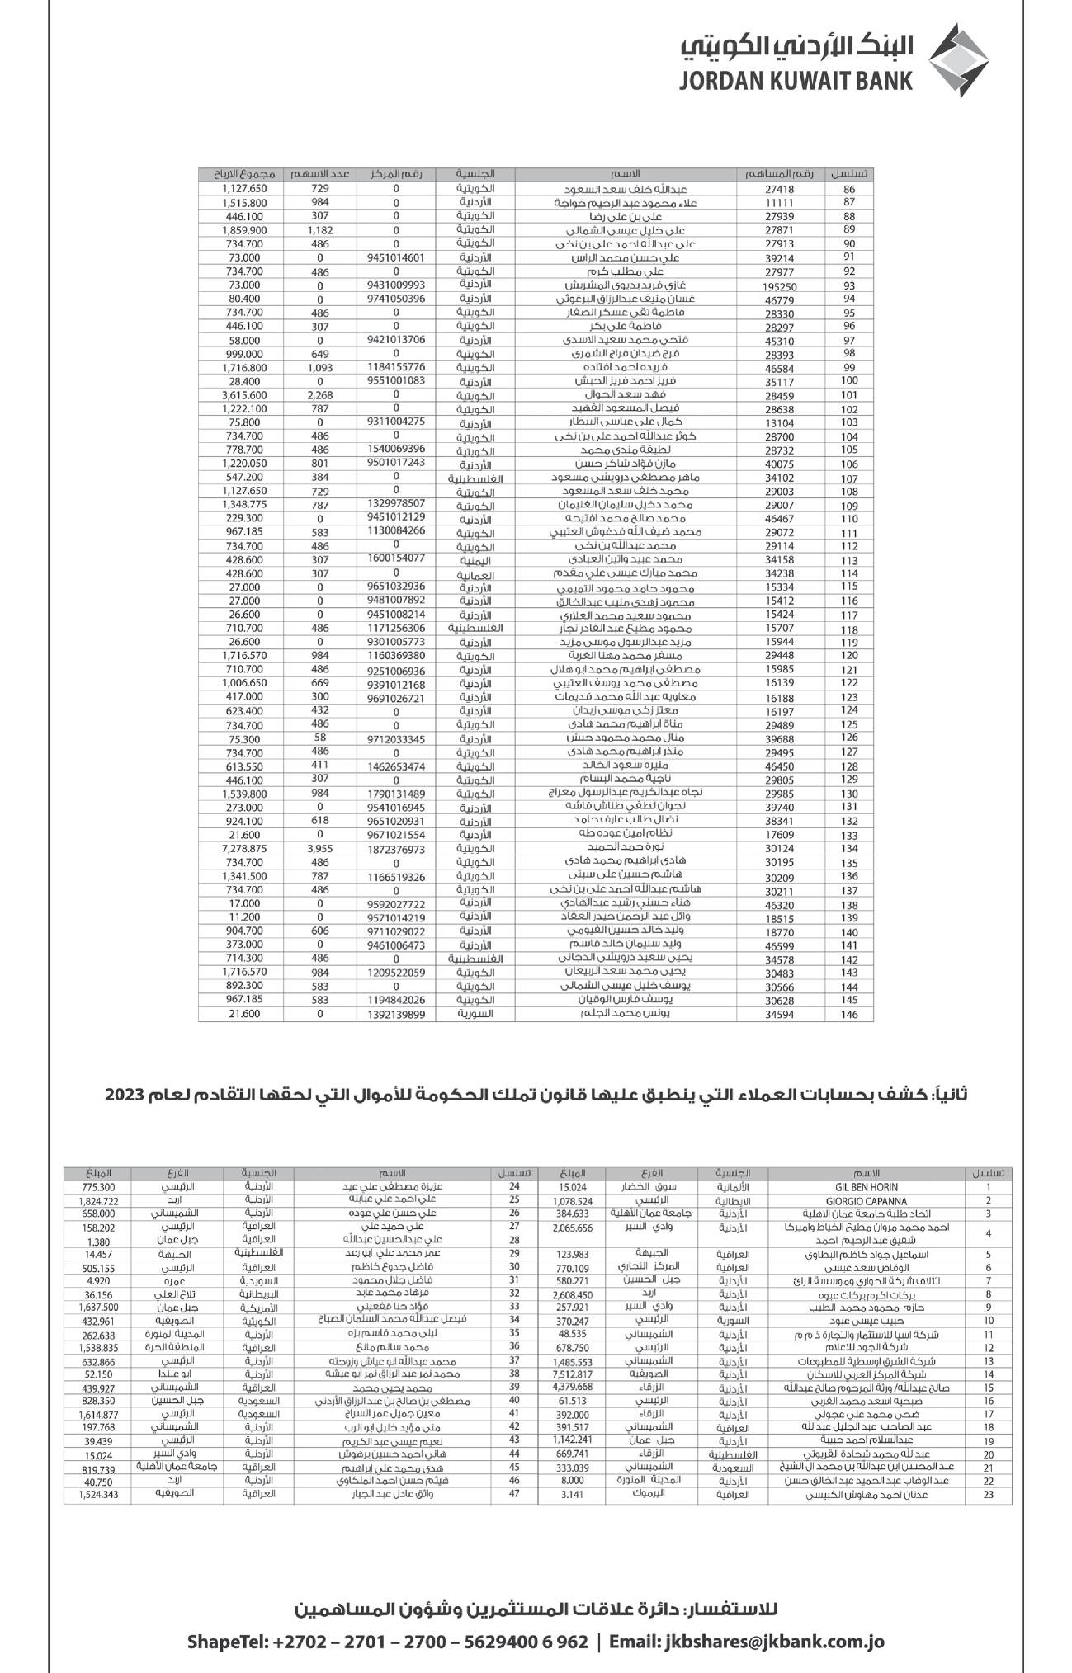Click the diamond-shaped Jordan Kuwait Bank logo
click(959, 59)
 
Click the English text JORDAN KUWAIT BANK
click(797, 81)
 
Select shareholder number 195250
click(778, 285)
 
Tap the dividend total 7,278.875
click(244, 848)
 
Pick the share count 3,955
click(319, 848)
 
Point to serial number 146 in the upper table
click(849, 1015)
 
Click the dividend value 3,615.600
click(244, 395)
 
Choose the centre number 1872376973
click(396, 849)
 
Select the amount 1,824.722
click(98, 1201)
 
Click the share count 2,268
click(319, 395)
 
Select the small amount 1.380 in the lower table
click(98, 1242)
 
